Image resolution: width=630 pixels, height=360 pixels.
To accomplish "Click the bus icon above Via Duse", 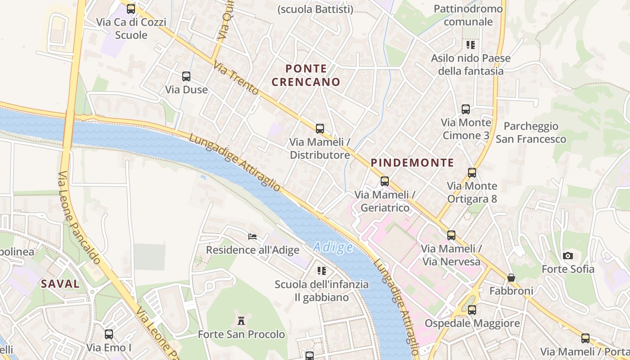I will [x=186, y=76].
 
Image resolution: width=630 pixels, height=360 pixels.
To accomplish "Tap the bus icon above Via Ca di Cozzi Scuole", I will [x=131, y=9].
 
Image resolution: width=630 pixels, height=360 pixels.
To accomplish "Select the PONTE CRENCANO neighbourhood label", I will [x=306, y=75].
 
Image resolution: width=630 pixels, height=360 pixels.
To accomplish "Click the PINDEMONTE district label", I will [x=412, y=163].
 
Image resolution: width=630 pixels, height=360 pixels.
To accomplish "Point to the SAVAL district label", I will [x=60, y=284].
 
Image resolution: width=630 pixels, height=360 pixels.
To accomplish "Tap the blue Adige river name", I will [x=333, y=247].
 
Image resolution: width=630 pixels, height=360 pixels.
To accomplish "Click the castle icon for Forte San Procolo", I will [x=242, y=321].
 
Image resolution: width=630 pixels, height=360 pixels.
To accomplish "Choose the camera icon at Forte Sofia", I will [x=568, y=256].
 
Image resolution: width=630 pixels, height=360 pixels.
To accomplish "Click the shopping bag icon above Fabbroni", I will [x=511, y=277].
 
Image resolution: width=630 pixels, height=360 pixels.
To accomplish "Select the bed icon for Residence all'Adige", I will [x=252, y=236].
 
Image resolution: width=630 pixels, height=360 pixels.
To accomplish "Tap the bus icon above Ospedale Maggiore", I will [x=472, y=310].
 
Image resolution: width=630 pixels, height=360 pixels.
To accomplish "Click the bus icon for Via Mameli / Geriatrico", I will [x=385, y=181].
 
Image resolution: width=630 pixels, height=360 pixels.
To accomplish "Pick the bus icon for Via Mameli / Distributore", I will [x=320, y=129].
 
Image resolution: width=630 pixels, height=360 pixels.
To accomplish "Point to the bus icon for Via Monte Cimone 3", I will [x=466, y=109].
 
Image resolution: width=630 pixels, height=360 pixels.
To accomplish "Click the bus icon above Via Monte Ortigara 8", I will [x=472, y=172].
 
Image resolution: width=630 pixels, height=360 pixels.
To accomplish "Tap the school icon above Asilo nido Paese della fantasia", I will [x=471, y=45].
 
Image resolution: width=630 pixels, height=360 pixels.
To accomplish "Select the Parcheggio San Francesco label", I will [x=531, y=133].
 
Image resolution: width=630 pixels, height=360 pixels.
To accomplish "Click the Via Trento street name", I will [x=236, y=78].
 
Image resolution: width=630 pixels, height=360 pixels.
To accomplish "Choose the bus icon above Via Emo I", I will [x=109, y=334].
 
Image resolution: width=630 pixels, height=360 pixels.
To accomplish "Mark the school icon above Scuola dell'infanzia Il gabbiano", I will [x=322, y=270].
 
